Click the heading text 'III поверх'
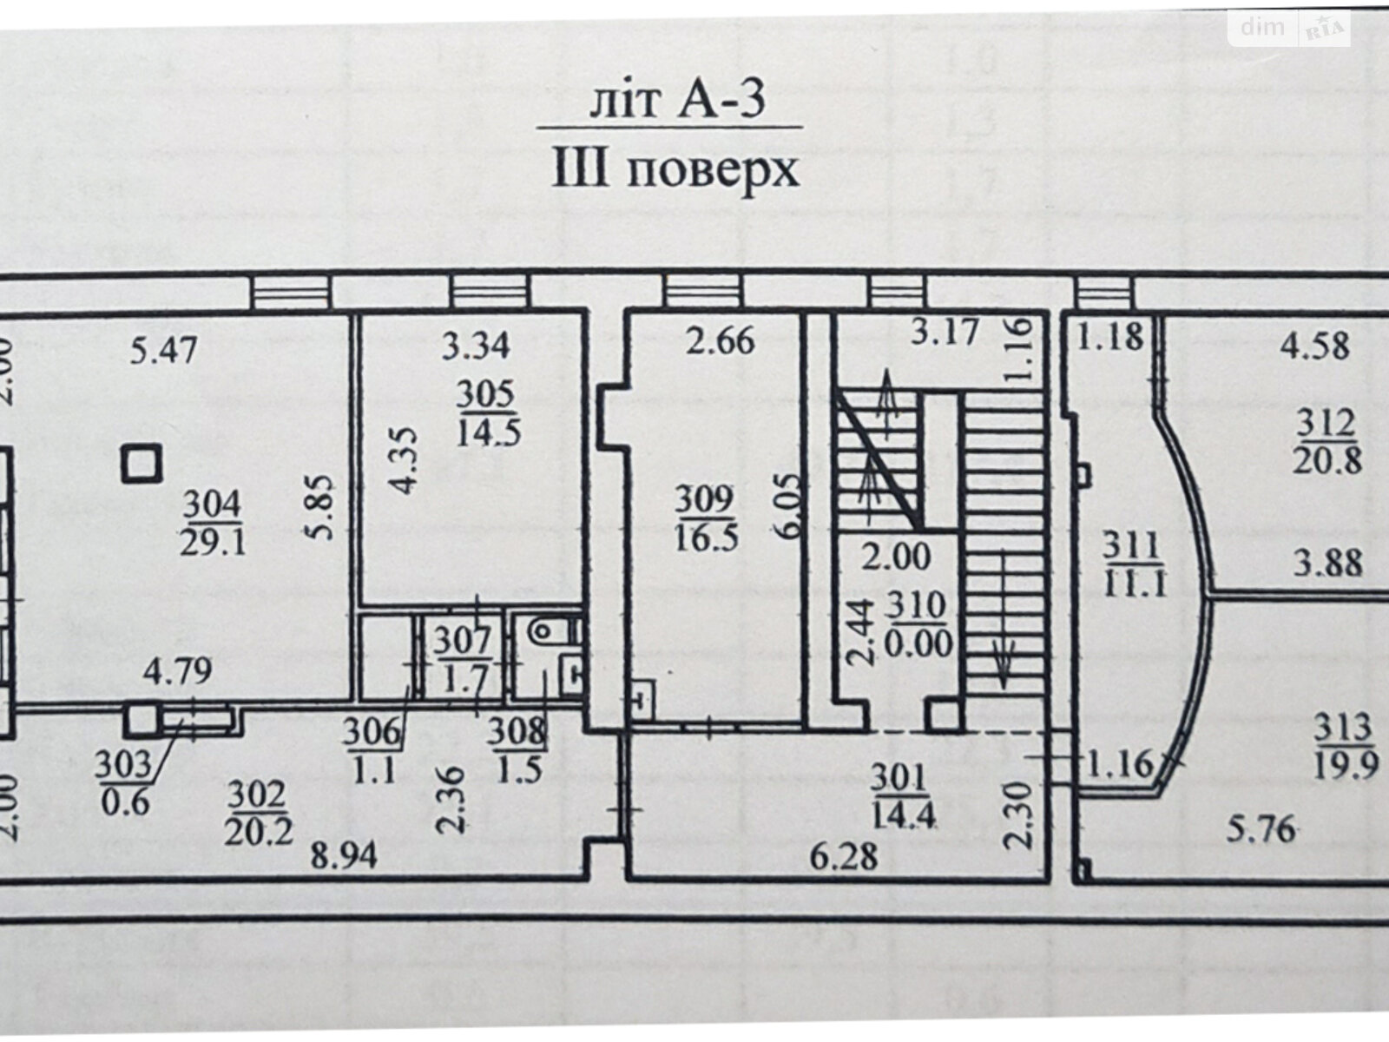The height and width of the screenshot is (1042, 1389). click(x=675, y=170)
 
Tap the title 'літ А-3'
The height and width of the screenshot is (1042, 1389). click(x=677, y=101)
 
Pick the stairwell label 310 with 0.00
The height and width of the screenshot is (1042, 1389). click(x=918, y=626)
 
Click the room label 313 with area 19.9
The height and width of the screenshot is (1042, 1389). click(x=1346, y=747)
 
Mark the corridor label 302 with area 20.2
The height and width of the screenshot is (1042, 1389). click(x=259, y=813)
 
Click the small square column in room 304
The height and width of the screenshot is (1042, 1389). click(x=142, y=463)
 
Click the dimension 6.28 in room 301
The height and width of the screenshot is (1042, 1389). click(x=844, y=857)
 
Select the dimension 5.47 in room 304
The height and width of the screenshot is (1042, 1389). click(x=163, y=349)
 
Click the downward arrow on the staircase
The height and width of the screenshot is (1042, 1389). click(x=1002, y=619)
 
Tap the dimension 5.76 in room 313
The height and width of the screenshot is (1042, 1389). click(x=1261, y=828)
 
